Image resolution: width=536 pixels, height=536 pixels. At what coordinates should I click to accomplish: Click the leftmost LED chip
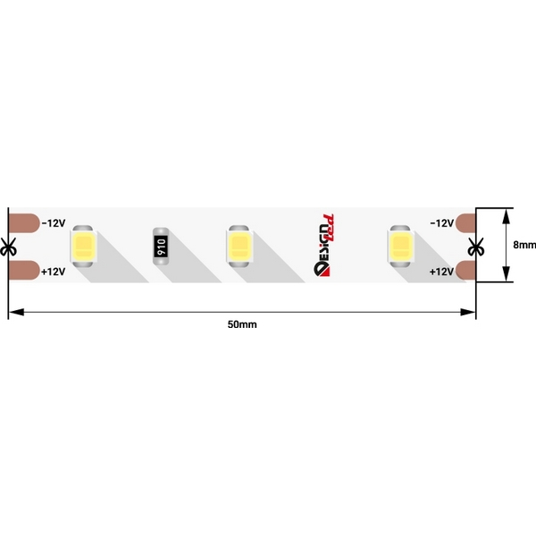83,246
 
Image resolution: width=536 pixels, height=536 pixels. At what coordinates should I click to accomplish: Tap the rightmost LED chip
398,246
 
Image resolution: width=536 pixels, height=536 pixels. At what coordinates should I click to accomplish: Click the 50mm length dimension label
242,324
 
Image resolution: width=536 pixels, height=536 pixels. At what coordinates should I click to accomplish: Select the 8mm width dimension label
524,245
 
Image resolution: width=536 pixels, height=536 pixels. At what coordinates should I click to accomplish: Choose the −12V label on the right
441,222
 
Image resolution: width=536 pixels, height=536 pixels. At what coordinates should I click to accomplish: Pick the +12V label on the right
441,271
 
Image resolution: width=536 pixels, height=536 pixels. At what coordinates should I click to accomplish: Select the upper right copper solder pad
465,222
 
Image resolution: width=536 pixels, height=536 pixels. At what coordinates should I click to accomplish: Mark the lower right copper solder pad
465,270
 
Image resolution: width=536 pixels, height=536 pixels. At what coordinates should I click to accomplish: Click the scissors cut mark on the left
9,246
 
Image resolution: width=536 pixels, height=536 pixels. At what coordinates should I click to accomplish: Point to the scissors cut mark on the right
475,246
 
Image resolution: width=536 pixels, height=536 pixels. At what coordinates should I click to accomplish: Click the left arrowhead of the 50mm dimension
13,312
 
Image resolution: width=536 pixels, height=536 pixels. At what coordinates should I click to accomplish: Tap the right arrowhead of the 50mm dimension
470,312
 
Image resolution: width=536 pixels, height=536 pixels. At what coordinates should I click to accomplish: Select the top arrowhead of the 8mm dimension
507,214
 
